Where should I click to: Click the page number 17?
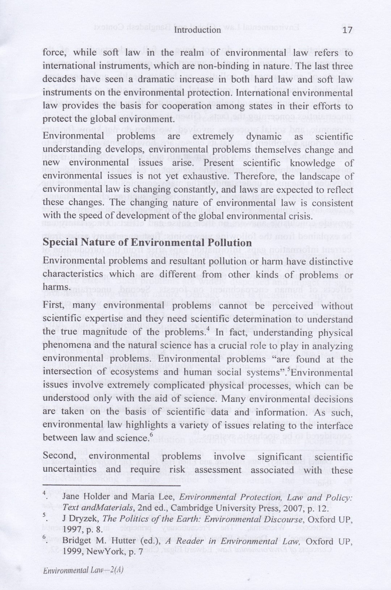tap(347, 30)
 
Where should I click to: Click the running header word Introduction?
tap(197, 30)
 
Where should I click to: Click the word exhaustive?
tap(215, 176)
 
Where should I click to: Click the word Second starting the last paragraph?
tap(58, 456)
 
